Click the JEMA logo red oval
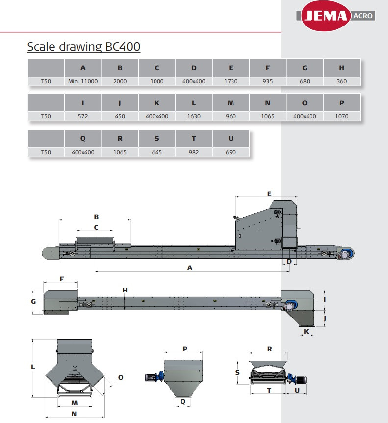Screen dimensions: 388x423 [326, 16]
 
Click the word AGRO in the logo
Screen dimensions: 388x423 [363, 16]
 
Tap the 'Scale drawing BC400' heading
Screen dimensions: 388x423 [84, 47]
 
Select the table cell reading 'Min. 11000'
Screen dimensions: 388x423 [83, 81]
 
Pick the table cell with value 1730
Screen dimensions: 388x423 [231, 81]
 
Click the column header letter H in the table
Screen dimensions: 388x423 [341, 68]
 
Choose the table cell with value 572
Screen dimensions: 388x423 [83, 116]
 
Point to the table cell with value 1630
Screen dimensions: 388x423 [194, 116]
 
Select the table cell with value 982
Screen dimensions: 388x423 [194, 152]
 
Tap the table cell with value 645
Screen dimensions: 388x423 [157, 152]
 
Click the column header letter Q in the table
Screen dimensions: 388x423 [83, 139]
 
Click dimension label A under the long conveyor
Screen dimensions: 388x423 [190, 268]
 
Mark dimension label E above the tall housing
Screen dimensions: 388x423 [269, 194]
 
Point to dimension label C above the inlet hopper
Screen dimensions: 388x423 [96, 227]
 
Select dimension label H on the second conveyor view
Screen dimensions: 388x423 [125, 291]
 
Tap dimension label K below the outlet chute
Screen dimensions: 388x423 [306, 331]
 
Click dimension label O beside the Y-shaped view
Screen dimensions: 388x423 [121, 378]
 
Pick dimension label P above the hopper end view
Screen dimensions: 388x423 [185, 349]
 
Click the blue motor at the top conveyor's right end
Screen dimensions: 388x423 [346, 254]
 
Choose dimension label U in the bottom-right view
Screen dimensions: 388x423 [297, 390]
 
